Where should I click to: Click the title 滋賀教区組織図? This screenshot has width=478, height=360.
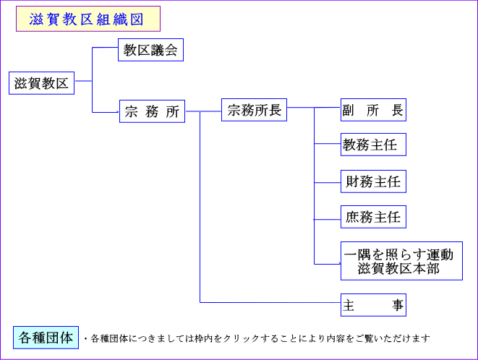pos(87,20)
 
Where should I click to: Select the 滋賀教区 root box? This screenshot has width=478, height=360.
pos(41,83)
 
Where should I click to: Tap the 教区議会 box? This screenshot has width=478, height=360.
pos(150,51)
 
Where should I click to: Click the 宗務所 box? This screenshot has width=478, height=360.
pos(152,111)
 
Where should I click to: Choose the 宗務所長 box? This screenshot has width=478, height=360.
pos(254,111)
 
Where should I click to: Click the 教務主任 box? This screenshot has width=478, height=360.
pos(372,145)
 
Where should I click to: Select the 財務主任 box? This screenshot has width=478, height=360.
pos(372,181)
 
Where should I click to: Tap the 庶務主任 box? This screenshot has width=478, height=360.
pos(372,216)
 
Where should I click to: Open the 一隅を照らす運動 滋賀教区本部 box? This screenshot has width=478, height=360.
pos(399,262)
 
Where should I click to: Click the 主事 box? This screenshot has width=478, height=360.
pos(372,305)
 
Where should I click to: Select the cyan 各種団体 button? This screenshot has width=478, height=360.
pos(46,338)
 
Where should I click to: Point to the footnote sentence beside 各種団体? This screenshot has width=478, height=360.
pos(257,338)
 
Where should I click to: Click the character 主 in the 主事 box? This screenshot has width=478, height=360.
pos(349,305)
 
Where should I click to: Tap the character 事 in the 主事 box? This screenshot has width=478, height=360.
pos(398,305)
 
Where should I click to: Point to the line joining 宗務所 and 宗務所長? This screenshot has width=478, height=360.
pos(203,111)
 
